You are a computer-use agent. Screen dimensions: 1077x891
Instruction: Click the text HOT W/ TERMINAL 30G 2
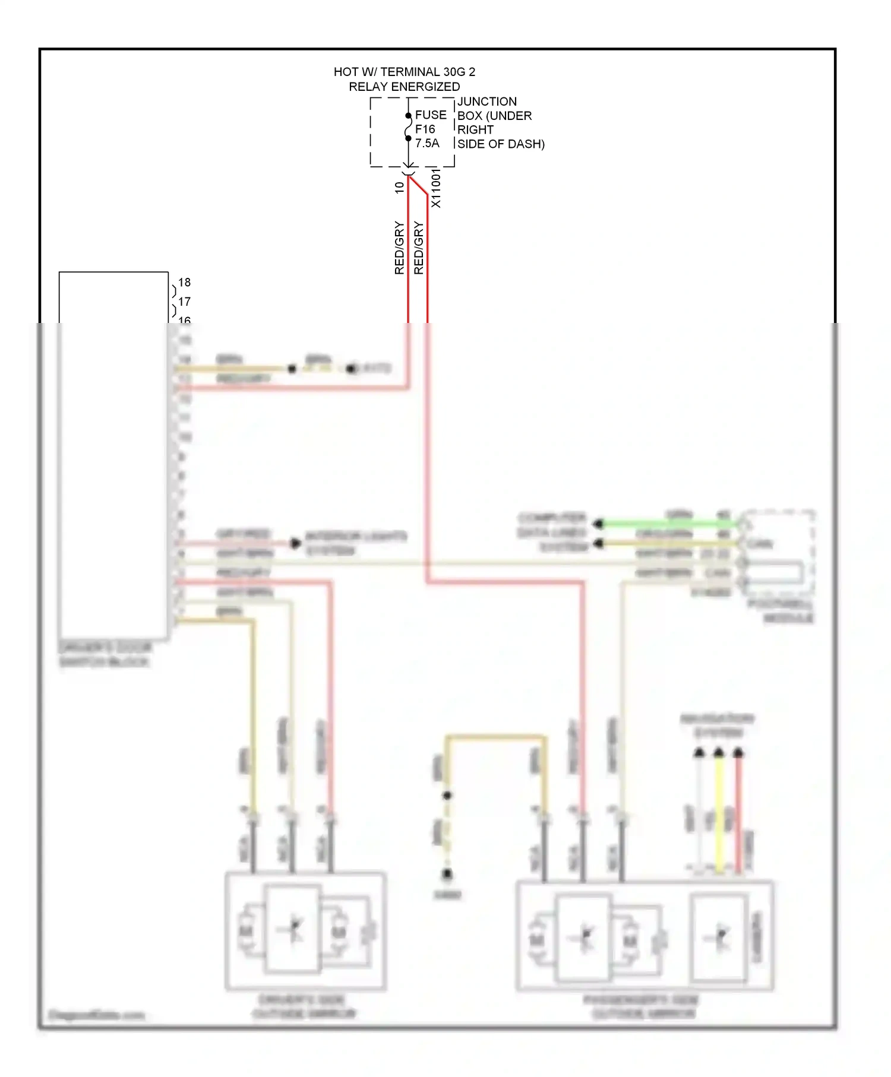[404, 72]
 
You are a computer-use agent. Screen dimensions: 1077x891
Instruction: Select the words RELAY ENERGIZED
[404, 87]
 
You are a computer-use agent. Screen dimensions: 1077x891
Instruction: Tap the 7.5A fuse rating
[427, 143]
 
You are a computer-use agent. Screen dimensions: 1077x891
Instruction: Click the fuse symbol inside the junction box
[408, 127]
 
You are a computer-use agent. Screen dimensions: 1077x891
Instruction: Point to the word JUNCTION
[486, 102]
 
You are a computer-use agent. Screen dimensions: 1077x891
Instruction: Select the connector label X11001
[436, 188]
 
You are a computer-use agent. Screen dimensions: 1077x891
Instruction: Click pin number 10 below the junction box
[399, 187]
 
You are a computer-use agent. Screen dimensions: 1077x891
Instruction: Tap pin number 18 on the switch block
[184, 283]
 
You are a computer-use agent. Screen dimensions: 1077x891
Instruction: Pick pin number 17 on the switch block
[184, 302]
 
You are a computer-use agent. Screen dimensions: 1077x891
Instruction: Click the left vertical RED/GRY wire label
[399, 248]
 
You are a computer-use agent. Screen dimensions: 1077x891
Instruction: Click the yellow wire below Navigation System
[719, 813]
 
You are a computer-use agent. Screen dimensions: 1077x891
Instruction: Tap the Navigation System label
[718, 726]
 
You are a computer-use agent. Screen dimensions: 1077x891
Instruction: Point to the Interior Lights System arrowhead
[295, 543]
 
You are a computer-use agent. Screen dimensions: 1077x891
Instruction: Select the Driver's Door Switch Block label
[105, 654]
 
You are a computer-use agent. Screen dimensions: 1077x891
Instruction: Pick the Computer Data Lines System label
[552, 532]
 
